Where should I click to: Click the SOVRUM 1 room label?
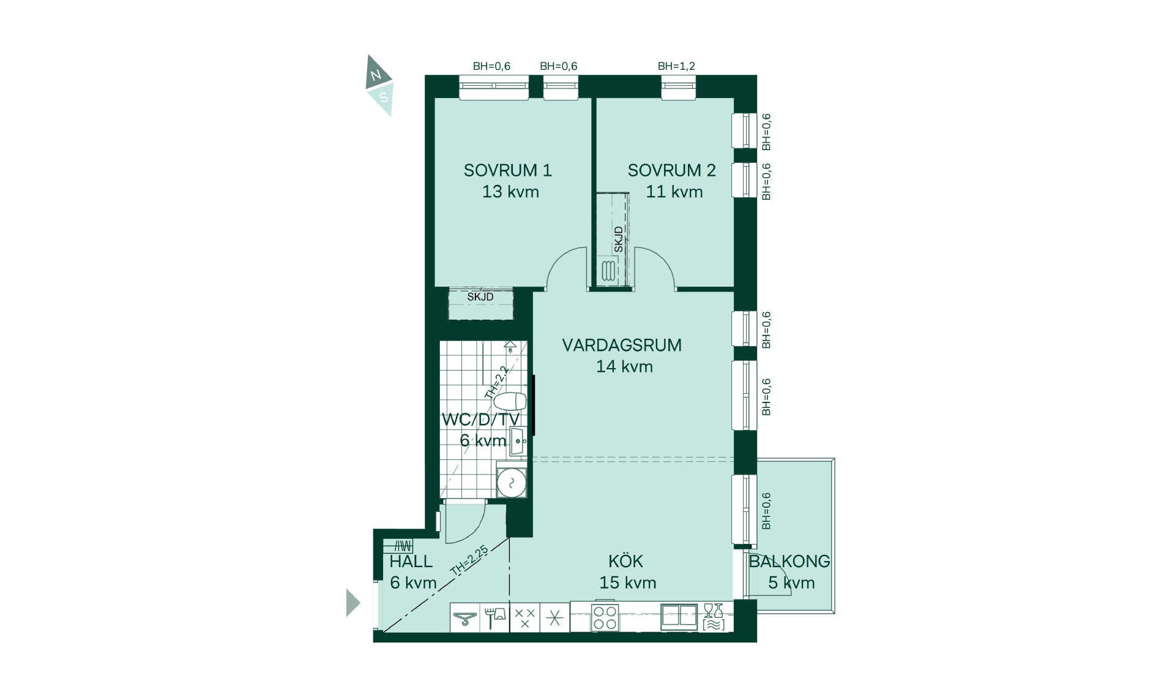(x=507, y=170)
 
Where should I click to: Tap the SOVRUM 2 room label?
(x=671, y=170)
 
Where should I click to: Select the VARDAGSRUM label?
(x=622, y=345)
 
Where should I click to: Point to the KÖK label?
(x=625, y=560)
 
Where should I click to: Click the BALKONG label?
(x=789, y=561)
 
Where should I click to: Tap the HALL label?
(x=411, y=561)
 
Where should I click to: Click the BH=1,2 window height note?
(x=676, y=66)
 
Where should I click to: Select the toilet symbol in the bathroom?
(x=510, y=402)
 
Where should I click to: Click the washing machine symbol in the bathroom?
(x=511, y=483)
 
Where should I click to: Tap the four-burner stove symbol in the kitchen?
(x=605, y=617)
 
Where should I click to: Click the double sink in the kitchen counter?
(x=679, y=617)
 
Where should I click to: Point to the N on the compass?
(x=376, y=75)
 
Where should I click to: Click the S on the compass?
(x=384, y=97)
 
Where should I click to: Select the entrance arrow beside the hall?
(x=352, y=603)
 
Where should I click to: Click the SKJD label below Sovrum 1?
(x=480, y=297)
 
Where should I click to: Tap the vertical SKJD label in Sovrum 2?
(x=619, y=239)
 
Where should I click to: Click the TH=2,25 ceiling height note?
(x=469, y=560)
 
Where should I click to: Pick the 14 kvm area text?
(x=624, y=366)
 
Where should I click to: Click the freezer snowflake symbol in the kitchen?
(x=554, y=617)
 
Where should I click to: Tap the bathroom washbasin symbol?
(x=518, y=441)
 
